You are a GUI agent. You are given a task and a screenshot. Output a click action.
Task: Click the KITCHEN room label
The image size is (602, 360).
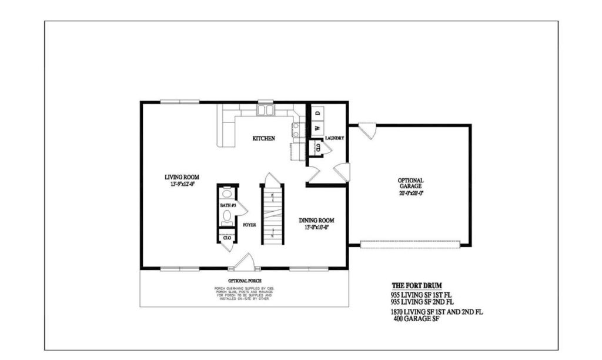(264, 139)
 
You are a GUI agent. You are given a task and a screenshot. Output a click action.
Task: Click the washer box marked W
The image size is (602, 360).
(316, 128)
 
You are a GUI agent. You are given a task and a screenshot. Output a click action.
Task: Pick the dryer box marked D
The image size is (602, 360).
(316, 112)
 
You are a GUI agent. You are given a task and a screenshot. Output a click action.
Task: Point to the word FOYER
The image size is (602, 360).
(249, 224)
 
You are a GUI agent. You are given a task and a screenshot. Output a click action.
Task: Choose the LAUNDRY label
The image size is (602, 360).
(334, 139)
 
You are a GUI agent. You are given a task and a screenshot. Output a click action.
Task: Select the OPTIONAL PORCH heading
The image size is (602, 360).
(245, 281)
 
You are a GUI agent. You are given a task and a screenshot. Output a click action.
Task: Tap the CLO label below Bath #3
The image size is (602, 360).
(226, 238)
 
